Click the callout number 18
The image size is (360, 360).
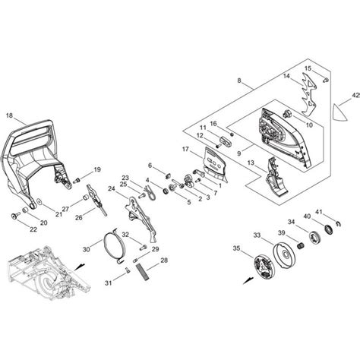click(9, 115)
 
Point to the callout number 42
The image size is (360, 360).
click(355, 96)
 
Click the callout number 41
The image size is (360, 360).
click(319, 212)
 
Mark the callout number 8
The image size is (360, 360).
click(239, 81)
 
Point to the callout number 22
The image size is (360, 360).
click(11, 229)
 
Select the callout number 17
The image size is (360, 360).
click(185, 150)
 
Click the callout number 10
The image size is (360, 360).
click(309, 125)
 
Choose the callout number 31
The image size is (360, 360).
click(108, 283)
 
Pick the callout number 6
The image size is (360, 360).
click(150, 166)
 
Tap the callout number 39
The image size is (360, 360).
click(281, 233)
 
